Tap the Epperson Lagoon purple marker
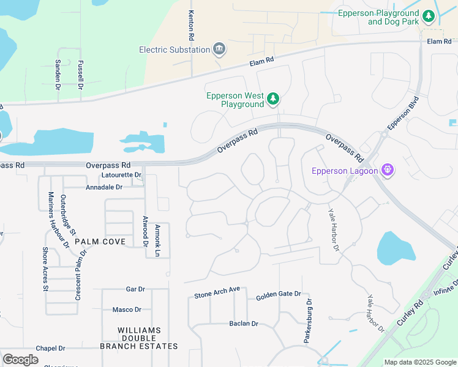pyautogui.click(x=387, y=170)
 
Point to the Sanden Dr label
pyautogui.click(x=58, y=75)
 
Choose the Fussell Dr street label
pyautogui.click(x=80, y=75)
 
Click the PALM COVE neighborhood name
pyautogui.click(x=100, y=242)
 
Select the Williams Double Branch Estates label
pyautogui.click(x=148, y=338)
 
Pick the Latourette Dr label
pyautogui.click(x=121, y=175)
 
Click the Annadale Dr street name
pyautogui.click(x=104, y=187)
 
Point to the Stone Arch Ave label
pyautogui.click(x=217, y=294)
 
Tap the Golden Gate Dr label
pyautogui.click(x=278, y=294)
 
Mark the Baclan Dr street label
pyautogui.click(x=244, y=323)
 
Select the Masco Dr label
pyautogui.click(x=127, y=310)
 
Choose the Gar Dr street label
pyautogui.click(x=135, y=289)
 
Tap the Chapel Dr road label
pyautogui.click(x=50, y=348)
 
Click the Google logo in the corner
pyautogui.click(x=21, y=359)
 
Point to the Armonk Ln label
pyautogui.click(x=157, y=240)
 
